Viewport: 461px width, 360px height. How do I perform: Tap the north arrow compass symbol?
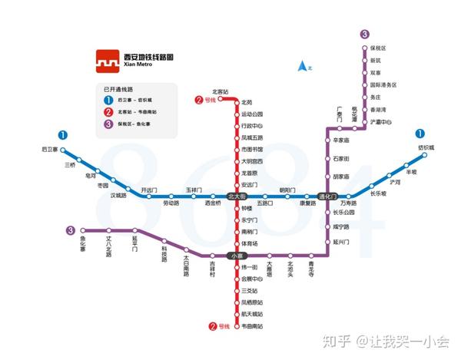pos(303,67)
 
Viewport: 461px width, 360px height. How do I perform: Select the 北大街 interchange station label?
pos(237,197)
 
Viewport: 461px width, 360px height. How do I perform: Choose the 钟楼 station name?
pos(247,208)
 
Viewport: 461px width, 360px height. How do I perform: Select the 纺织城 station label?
pos(426,147)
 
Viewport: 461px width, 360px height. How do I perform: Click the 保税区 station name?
pos(378,48)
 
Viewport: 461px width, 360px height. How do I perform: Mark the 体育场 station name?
pos(249,243)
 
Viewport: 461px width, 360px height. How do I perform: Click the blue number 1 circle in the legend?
pos(108,100)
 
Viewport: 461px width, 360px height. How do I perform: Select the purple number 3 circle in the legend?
pos(108,124)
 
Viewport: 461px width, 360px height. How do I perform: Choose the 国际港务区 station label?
pos(383,85)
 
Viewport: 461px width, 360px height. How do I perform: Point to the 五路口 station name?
pos(265,203)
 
